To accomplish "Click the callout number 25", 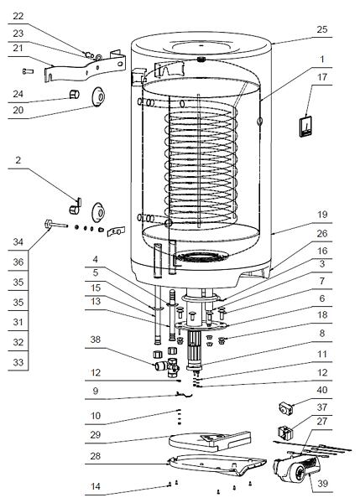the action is [322, 29].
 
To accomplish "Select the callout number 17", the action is [322, 77].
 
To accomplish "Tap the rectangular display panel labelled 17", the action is [306, 127].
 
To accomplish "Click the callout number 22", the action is [18, 16].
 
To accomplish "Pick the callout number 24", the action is [18, 94].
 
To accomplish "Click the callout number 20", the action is [18, 110].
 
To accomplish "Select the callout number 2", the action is [18, 159].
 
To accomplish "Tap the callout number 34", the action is [18, 242].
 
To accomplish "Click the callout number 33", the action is [18, 362].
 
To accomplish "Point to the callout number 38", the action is [96, 340].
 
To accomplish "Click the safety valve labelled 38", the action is [167, 366].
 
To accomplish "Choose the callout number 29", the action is [96, 434].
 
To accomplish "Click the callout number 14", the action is [96, 486].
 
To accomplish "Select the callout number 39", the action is [322, 484].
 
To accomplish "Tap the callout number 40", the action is [322, 390].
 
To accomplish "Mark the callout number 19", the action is [322, 215].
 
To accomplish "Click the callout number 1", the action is [322, 60].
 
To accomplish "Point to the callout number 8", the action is [322, 334].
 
